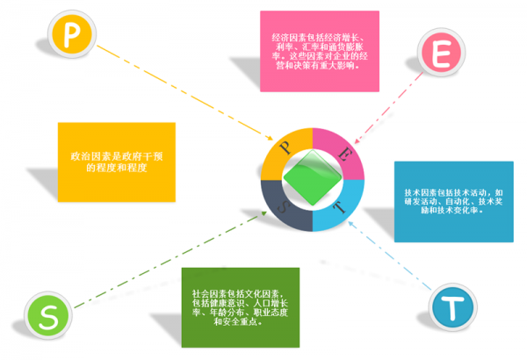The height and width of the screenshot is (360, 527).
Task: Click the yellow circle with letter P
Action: (69, 35)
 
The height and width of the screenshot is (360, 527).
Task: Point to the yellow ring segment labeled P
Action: (285, 147)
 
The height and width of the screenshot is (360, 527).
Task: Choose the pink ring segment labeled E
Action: (343, 147)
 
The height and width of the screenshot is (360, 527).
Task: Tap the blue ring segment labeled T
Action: (343, 207)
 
